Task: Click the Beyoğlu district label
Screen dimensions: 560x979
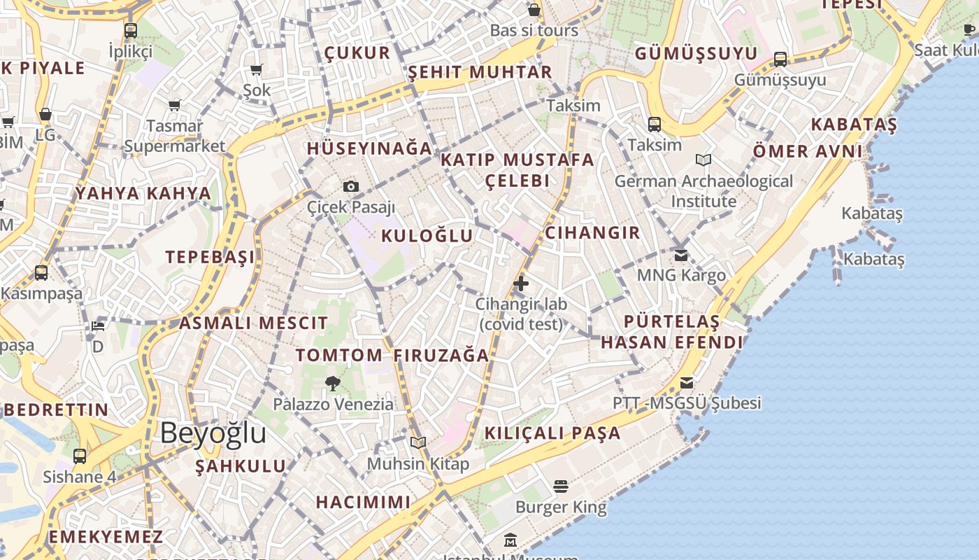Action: point(213,433)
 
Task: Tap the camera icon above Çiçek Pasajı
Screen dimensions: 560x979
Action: point(351,186)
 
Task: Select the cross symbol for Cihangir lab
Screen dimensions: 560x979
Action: point(521,283)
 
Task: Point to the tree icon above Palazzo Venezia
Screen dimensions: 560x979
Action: point(333,383)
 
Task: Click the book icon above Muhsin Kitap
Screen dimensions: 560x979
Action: point(418,442)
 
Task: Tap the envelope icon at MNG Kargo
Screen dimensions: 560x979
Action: point(681,255)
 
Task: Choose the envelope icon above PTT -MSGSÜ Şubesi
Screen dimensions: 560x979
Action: point(687,383)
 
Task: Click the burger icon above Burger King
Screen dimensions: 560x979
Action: point(561,486)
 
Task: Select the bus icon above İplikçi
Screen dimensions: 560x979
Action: point(131,30)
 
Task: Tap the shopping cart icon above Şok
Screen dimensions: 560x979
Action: point(257,69)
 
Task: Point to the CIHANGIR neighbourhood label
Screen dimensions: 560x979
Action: point(592,233)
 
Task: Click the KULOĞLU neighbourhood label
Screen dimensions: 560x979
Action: point(427,236)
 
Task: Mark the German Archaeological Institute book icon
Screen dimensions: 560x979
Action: point(703,160)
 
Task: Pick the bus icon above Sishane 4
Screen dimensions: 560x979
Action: point(80,456)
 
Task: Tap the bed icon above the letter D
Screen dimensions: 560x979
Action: point(98,326)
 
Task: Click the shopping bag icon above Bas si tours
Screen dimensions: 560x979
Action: point(534,10)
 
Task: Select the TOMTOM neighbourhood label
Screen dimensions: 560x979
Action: point(339,355)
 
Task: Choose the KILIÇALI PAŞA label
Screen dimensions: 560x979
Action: point(552,433)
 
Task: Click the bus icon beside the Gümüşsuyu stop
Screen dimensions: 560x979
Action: point(780,59)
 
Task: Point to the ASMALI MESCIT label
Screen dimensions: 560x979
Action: point(253,323)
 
